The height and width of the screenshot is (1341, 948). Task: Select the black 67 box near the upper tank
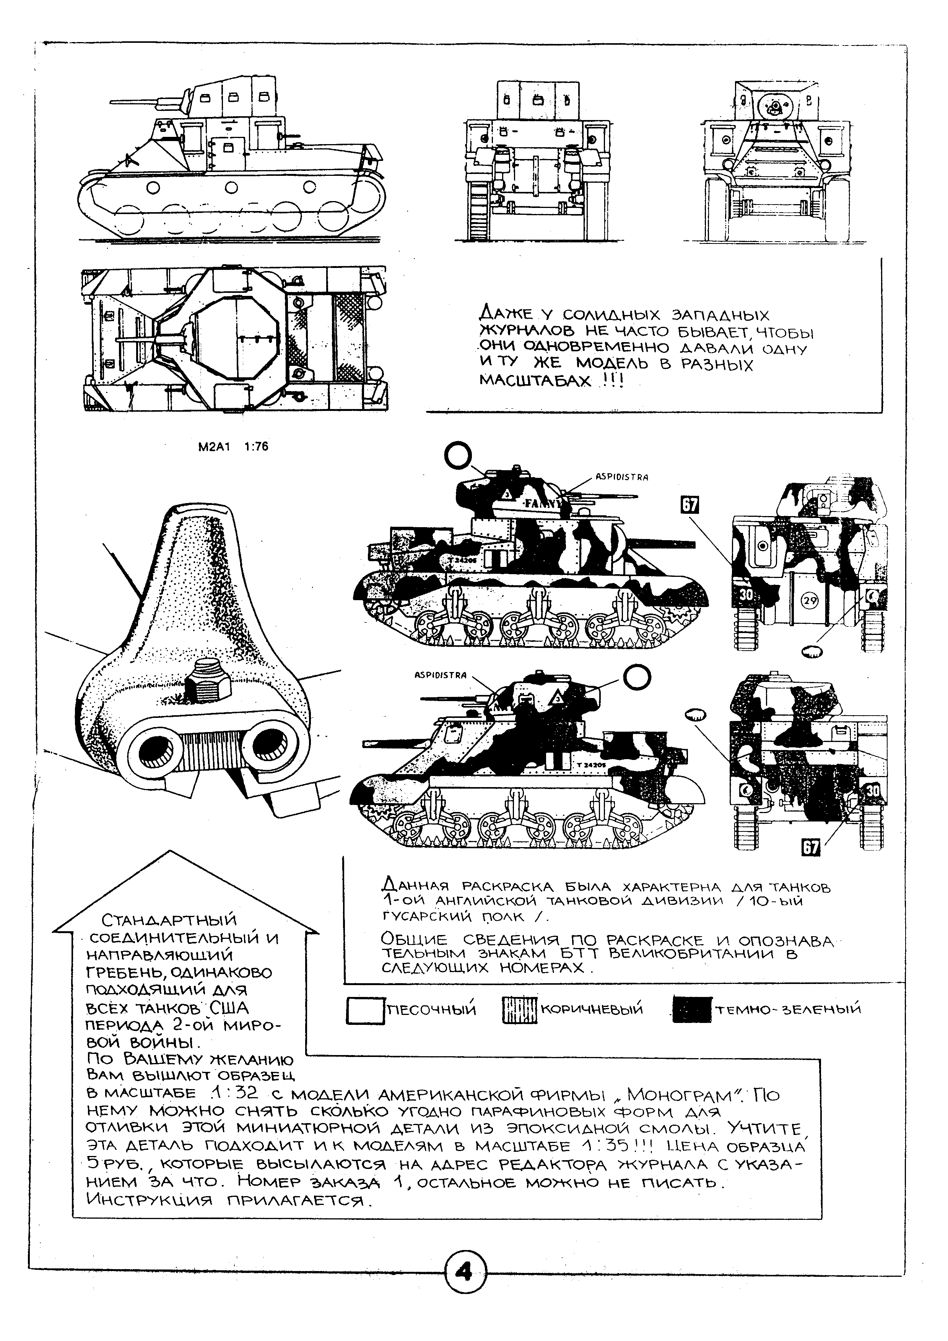click(x=690, y=505)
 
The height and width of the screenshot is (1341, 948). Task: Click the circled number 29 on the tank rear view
click(x=811, y=600)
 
